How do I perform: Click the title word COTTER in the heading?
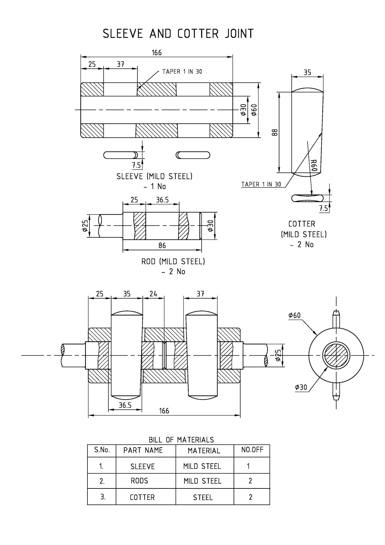tap(198, 34)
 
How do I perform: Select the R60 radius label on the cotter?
tap(314, 165)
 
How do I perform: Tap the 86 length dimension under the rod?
tap(162, 245)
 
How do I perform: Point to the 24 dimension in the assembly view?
tap(154, 294)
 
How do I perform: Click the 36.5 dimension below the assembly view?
tap(125, 405)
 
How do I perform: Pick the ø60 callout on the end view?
tap(294, 315)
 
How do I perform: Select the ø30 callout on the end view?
tap(301, 387)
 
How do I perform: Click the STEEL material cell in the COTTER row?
tap(203, 497)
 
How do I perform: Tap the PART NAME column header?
tap(143, 450)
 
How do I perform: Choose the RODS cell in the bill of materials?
tap(139, 481)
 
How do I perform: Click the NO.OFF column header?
tap(252, 450)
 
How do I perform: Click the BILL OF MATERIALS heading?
tap(181, 440)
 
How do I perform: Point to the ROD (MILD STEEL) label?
tap(173, 262)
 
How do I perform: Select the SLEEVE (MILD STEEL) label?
tap(154, 176)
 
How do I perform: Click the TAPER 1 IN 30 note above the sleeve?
tap(182, 72)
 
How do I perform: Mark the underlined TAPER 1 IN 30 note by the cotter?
tap(261, 184)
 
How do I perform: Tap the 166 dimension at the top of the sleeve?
tap(157, 52)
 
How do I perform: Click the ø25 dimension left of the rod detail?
tap(85, 225)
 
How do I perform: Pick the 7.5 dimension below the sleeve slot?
tap(137, 166)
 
